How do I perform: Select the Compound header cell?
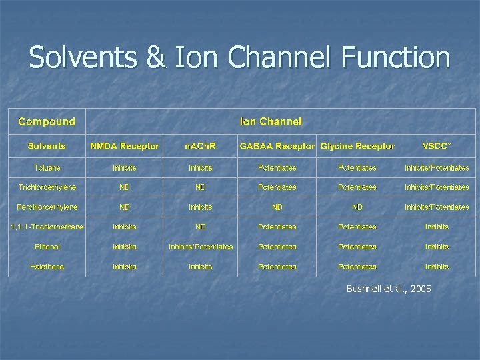point(47,121)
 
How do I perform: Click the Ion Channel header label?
point(271,121)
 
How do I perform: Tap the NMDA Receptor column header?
point(125,146)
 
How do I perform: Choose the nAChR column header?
point(201,146)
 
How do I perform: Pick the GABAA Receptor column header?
point(277,146)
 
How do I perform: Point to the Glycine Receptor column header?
point(357,146)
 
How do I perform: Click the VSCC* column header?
point(437,146)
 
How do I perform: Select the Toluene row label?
point(47,167)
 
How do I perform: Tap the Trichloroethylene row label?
point(47,187)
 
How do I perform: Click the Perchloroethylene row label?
point(47,207)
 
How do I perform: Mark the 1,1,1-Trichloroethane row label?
point(47,227)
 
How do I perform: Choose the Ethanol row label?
point(47,247)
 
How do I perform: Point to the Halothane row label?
point(47,267)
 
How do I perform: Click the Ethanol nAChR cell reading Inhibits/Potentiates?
point(201,247)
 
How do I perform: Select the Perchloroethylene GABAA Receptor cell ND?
point(277,207)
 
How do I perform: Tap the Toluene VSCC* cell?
point(437,167)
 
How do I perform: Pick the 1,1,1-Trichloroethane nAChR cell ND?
point(201,227)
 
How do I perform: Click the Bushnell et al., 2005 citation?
point(389,289)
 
